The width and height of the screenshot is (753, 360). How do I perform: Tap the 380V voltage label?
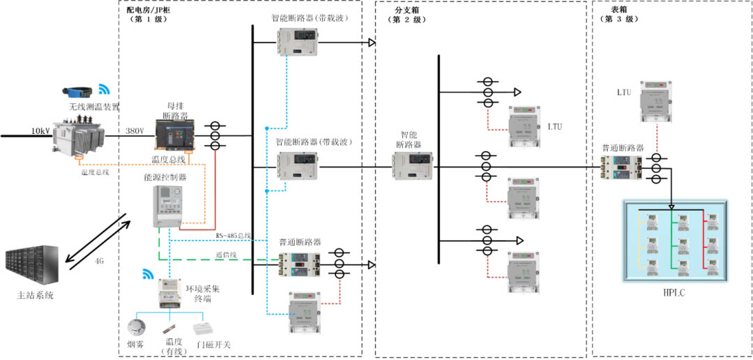pyautogui.click(x=135, y=130)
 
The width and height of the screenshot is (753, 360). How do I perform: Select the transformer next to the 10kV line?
pyautogui.click(x=78, y=135)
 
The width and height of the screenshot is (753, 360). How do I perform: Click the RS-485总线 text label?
pyautogui.click(x=233, y=236)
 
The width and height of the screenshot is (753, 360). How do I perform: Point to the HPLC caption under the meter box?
pyautogui.click(x=674, y=293)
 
